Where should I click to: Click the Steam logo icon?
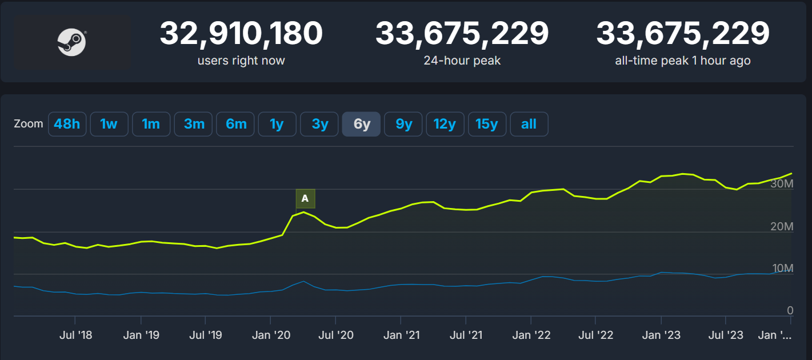(71, 43)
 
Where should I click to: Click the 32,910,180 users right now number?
(241, 34)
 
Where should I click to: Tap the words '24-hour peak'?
(462, 61)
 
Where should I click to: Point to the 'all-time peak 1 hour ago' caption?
(682, 61)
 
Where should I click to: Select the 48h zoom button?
(67, 124)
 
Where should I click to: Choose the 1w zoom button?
(109, 124)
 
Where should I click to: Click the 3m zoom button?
(194, 124)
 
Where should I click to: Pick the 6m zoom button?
(235, 124)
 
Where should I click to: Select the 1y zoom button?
(277, 124)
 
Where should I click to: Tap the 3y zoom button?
(320, 124)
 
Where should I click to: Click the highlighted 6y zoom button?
(362, 124)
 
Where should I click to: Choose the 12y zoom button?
(445, 124)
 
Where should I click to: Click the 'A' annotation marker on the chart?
(305, 198)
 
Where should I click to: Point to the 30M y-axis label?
(782, 185)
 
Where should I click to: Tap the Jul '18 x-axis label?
(76, 335)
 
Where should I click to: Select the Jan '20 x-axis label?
(270, 335)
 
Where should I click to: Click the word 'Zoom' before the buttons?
(28, 124)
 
